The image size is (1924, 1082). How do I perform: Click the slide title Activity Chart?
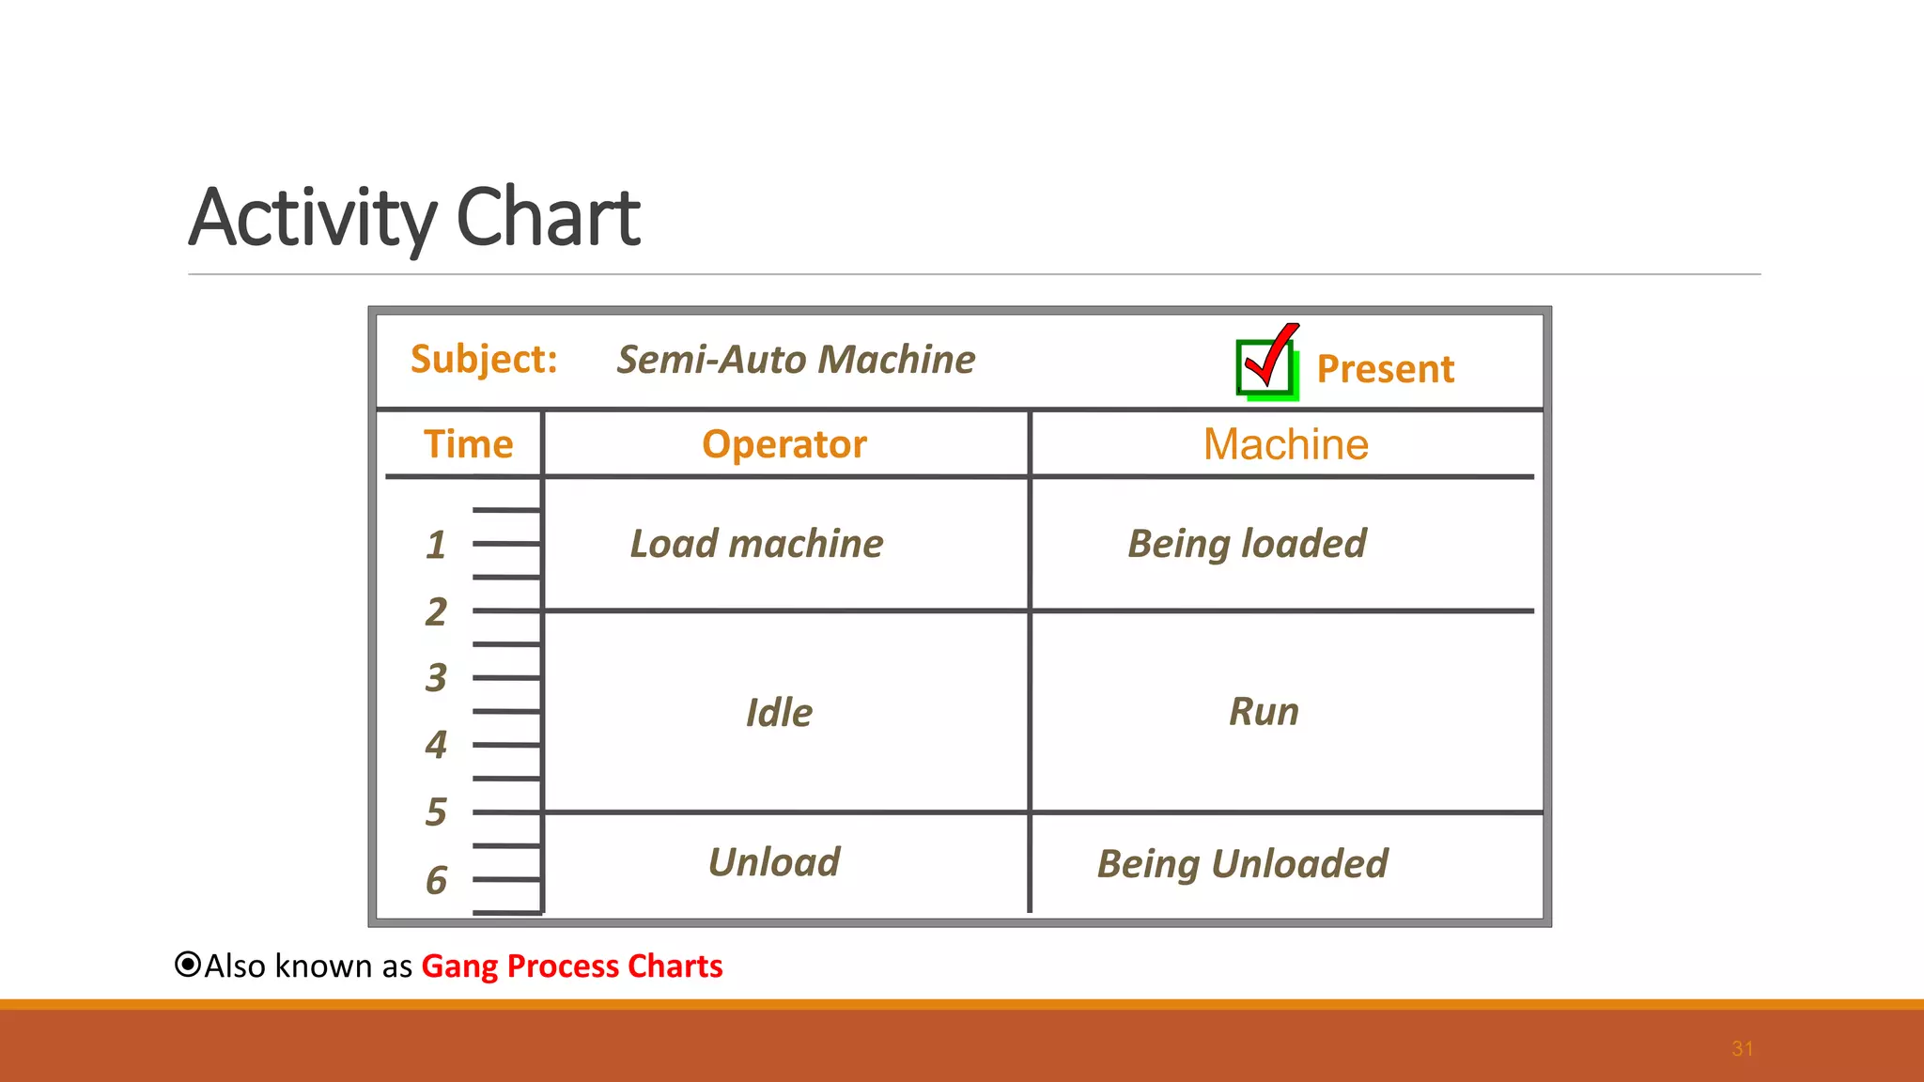[x=414, y=218]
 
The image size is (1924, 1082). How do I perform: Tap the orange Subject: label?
[x=484, y=360]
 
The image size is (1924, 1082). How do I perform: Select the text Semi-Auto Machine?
[x=796, y=360]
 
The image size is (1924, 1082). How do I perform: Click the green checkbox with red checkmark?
[x=1266, y=364]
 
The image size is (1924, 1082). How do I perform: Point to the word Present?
[x=1385, y=369]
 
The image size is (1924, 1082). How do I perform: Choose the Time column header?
[x=468, y=444]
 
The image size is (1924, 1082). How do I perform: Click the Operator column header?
[x=784, y=444]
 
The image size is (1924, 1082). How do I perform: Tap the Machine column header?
[x=1285, y=444]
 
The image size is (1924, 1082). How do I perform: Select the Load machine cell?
[x=756, y=544]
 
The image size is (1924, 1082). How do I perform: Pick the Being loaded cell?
[x=1247, y=544]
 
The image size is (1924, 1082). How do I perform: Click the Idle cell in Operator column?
[x=779, y=713]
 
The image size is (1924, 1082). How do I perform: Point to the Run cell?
[x=1264, y=711]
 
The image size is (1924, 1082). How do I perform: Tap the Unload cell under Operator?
[x=774, y=862]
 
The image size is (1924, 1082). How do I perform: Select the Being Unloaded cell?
[x=1242, y=864]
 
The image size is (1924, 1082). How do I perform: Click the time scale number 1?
[x=436, y=546]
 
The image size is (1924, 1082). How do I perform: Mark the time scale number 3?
[x=436, y=678]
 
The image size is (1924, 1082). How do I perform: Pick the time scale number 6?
[x=436, y=881]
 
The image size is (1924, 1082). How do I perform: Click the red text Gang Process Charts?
[x=571, y=966]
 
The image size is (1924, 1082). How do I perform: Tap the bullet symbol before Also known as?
[x=188, y=965]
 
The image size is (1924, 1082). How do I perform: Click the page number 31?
[x=1742, y=1049]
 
